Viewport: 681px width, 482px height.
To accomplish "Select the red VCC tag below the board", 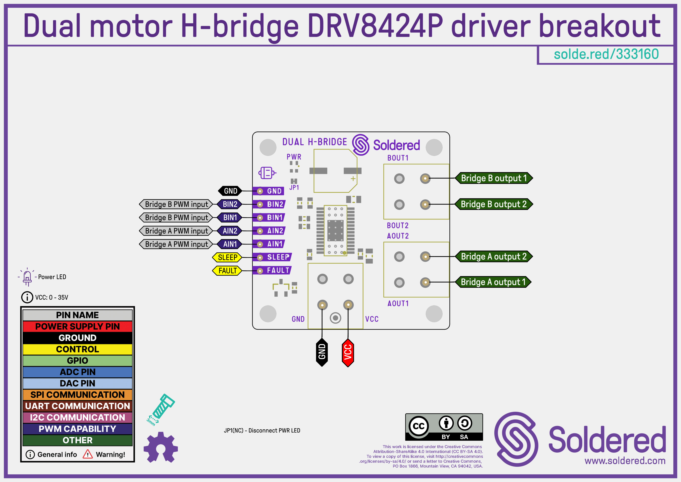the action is [348, 352].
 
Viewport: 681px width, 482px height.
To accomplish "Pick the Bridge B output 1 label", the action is [494, 178].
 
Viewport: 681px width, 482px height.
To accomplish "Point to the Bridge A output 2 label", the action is [494, 257].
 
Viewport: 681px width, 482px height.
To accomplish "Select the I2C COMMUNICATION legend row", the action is [77, 417].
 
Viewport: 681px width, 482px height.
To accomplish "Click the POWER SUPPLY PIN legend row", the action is [77, 326].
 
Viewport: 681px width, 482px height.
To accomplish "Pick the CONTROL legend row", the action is [77, 349].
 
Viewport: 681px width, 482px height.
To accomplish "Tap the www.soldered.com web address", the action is [625, 461].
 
